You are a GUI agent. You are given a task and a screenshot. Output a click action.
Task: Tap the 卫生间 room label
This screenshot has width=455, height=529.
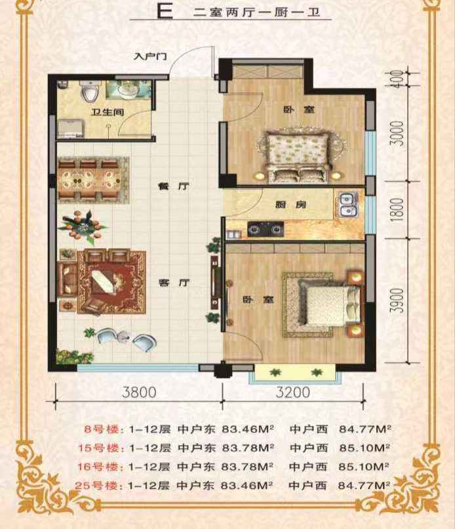click(x=107, y=112)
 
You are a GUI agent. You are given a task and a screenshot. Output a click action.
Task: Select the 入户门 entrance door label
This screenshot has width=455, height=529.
click(x=150, y=56)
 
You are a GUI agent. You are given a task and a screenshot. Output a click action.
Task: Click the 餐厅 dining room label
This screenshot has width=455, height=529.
click(x=174, y=186)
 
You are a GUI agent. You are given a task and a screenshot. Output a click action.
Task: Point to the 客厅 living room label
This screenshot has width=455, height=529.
click(x=174, y=283)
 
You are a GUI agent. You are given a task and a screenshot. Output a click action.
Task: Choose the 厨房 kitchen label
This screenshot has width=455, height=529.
click(x=290, y=205)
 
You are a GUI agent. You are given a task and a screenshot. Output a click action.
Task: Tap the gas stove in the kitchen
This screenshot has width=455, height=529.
click(x=266, y=229)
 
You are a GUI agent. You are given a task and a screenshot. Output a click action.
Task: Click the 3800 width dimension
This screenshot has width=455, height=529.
click(x=139, y=392)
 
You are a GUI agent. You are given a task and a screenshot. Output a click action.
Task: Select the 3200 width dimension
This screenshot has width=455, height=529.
click(x=293, y=392)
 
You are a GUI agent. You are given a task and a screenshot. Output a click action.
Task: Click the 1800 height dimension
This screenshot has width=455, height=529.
click(x=398, y=210)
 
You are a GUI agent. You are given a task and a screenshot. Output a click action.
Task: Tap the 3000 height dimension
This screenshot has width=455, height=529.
click(x=398, y=134)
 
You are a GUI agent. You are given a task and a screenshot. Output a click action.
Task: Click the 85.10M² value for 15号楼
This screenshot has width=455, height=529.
click(x=365, y=448)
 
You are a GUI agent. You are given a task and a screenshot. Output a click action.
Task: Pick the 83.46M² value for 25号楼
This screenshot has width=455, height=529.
click(x=247, y=486)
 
